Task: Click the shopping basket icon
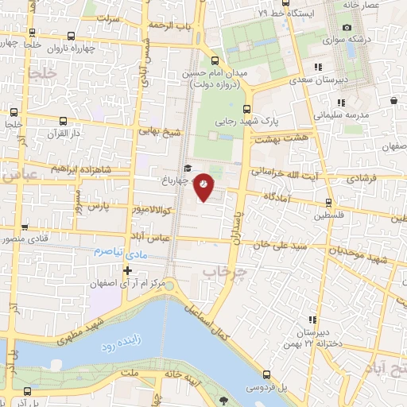[x=395, y=100]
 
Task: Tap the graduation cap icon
[x=187, y=168]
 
